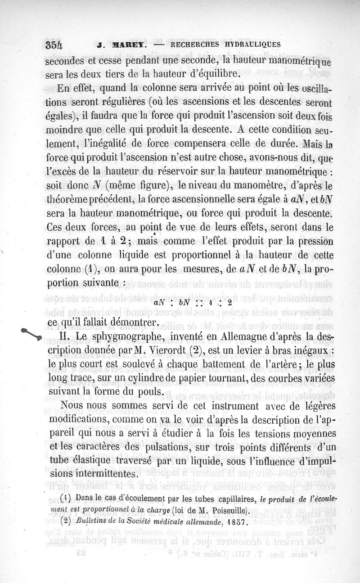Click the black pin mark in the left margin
point(31,334)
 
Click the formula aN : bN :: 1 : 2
point(191,303)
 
